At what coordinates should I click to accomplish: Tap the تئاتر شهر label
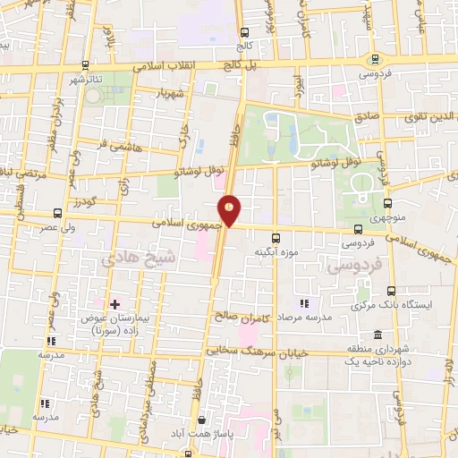pos(87,80)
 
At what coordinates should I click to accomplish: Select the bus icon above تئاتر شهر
pos(85,66)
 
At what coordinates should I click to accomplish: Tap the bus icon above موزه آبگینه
pos(275,238)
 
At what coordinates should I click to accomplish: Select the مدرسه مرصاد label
pos(305,317)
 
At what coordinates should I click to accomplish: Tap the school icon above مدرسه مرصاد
pos(304,303)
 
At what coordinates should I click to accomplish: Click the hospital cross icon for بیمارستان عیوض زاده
pos(114,305)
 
